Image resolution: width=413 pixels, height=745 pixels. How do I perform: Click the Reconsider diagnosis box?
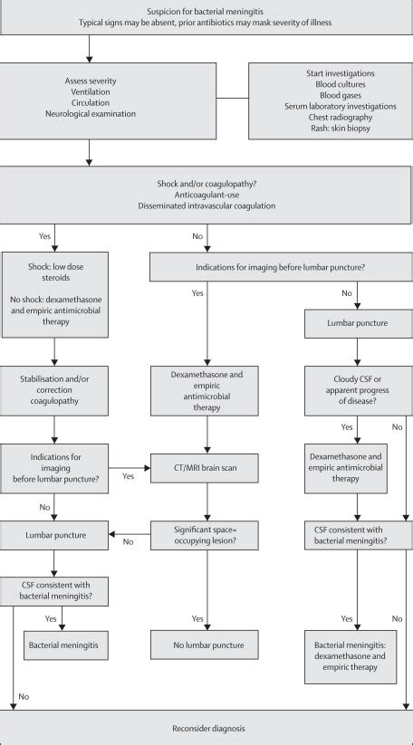click(x=206, y=728)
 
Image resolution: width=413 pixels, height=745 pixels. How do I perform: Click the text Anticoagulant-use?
click(x=206, y=193)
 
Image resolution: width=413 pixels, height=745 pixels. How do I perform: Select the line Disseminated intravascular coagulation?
click(x=206, y=205)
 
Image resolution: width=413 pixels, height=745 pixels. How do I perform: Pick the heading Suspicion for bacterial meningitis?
click(x=206, y=11)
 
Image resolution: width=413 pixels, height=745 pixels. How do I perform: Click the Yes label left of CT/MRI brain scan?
click(x=128, y=474)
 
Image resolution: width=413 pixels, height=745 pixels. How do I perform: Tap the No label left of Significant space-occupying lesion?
click(x=128, y=541)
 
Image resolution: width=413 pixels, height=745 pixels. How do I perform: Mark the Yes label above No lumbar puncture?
click(x=197, y=618)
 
